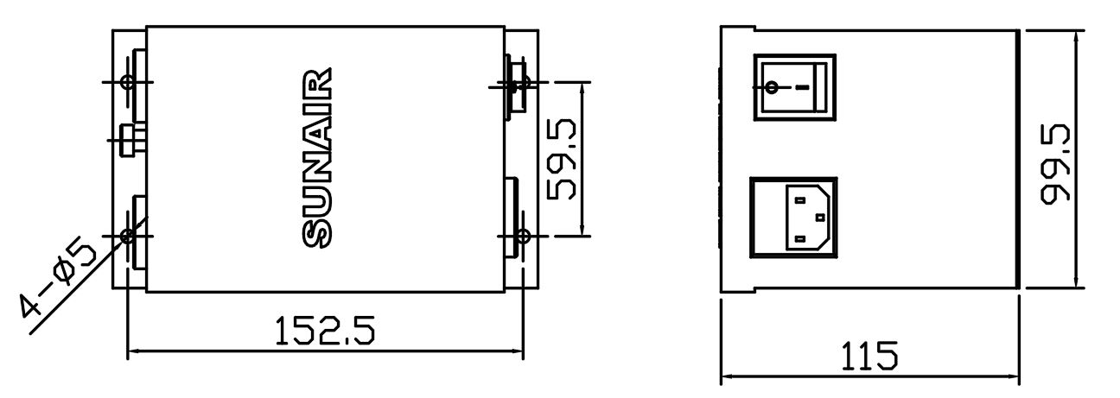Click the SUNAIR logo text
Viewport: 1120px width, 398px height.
point(317,158)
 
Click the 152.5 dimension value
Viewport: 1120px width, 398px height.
point(324,330)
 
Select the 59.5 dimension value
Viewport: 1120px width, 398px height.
point(562,160)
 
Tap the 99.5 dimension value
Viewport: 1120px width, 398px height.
point(1055,163)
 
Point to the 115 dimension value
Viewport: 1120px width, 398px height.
point(869,356)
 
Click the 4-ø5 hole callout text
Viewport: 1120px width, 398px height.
point(58,281)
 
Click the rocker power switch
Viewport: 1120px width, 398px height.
point(794,87)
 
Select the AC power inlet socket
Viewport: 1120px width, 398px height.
point(793,218)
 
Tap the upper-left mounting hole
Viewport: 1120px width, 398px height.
point(128,82)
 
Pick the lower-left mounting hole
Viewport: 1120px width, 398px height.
point(128,236)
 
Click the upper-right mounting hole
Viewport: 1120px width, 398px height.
point(523,82)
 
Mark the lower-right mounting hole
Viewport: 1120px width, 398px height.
point(523,236)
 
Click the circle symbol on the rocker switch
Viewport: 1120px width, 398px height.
point(772,88)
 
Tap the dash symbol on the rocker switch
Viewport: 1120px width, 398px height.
point(802,88)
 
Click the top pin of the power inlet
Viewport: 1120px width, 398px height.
point(800,200)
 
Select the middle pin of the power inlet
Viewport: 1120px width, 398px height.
point(820,218)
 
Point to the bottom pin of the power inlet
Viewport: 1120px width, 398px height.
point(800,238)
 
